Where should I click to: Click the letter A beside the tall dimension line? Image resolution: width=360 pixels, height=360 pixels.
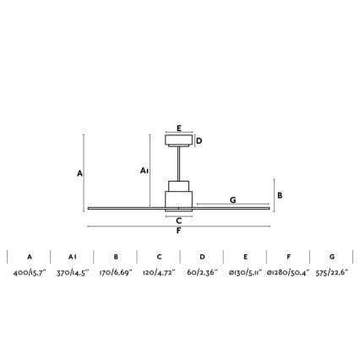(x=80, y=173)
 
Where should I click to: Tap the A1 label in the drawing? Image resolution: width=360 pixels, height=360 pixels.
(x=145, y=171)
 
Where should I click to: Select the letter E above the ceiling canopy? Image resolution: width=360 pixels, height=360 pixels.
(x=179, y=128)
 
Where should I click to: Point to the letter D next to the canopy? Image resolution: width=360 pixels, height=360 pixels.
(x=199, y=141)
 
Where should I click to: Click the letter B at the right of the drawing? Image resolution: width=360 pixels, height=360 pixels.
(x=280, y=195)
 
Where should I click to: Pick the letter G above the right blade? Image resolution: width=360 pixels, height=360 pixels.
(x=232, y=200)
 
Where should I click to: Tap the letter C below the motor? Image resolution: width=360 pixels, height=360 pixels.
(x=179, y=221)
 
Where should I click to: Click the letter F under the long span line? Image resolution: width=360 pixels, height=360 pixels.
(x=178, y=231)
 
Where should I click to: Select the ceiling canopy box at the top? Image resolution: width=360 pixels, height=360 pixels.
(x=179, y=140)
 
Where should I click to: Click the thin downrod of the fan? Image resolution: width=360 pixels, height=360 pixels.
(x=179, y=164)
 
